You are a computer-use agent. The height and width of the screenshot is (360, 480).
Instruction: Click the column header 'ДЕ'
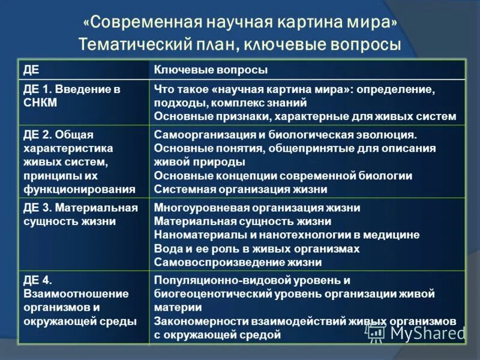pos(31,70)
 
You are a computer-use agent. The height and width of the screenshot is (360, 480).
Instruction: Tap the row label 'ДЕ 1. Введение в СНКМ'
pos(71,95)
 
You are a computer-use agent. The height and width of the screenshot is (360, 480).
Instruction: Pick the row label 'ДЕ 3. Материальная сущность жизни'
pos(80,214)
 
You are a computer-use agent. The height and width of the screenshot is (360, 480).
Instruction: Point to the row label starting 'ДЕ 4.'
pos(76,301)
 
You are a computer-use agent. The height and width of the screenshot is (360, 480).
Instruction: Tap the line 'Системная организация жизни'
pos(241,189)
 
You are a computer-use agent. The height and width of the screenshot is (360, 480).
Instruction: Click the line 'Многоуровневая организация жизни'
pos(257,208)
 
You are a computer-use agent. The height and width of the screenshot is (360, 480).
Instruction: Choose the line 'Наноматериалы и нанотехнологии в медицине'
pos(287,235)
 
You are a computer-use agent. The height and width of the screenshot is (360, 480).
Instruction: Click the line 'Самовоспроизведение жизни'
pos(238,262)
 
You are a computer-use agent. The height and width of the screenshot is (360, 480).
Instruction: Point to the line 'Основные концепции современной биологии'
pos(283,176)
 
